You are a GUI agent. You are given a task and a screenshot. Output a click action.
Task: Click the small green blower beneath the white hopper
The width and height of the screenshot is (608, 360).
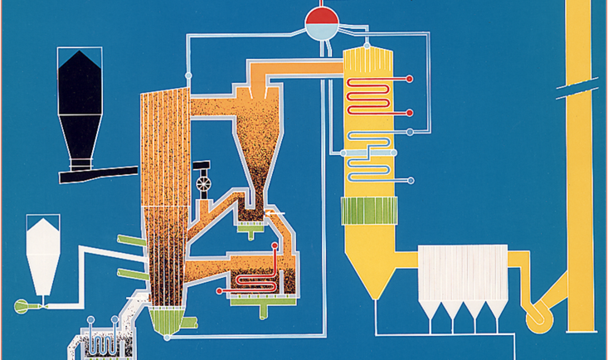click(x=22, y=306)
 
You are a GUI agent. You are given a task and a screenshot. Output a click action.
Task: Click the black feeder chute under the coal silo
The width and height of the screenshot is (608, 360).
click(x=100, y=175)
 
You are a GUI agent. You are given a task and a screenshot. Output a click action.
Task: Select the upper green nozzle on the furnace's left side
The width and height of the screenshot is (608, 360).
click(x=128, y=241)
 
